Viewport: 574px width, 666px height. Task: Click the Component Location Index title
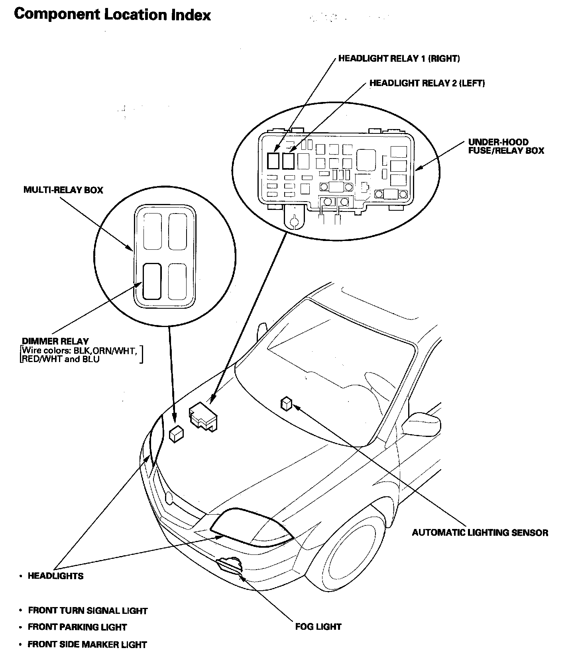point(112,15)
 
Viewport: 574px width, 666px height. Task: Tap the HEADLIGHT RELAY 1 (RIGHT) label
point(399,59)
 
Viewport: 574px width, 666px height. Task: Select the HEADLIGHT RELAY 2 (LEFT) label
point(427,83)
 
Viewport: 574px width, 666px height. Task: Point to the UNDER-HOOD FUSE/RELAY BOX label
point(506,147)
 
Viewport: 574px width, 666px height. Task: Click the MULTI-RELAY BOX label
point(63,190)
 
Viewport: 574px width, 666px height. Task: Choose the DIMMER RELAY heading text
point(55,341)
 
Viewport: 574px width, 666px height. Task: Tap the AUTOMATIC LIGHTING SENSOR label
point(480,533)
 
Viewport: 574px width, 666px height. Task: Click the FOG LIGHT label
point(318,627)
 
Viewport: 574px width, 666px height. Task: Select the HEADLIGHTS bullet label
point(55,576)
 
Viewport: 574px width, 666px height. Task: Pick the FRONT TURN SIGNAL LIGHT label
point(88,611)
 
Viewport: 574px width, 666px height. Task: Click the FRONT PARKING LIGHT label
point(77,627)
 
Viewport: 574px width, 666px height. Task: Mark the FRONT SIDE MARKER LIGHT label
point(87,644)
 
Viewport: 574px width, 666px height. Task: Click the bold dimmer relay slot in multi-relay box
point(151,281)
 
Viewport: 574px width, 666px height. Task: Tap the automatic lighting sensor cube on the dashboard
point(286,403)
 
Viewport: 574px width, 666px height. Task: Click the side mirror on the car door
point(422,424)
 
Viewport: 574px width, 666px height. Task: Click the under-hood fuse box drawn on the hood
point(203,416)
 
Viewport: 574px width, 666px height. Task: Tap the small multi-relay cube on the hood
point(176,433)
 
